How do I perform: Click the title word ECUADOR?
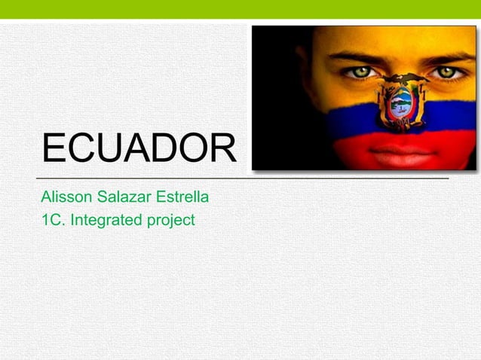[x=139, y=148]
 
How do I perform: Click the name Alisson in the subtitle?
[x=63, y=199]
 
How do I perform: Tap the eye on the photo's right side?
[x=447, y=72]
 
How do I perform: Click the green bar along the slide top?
[x=240, y=9]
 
